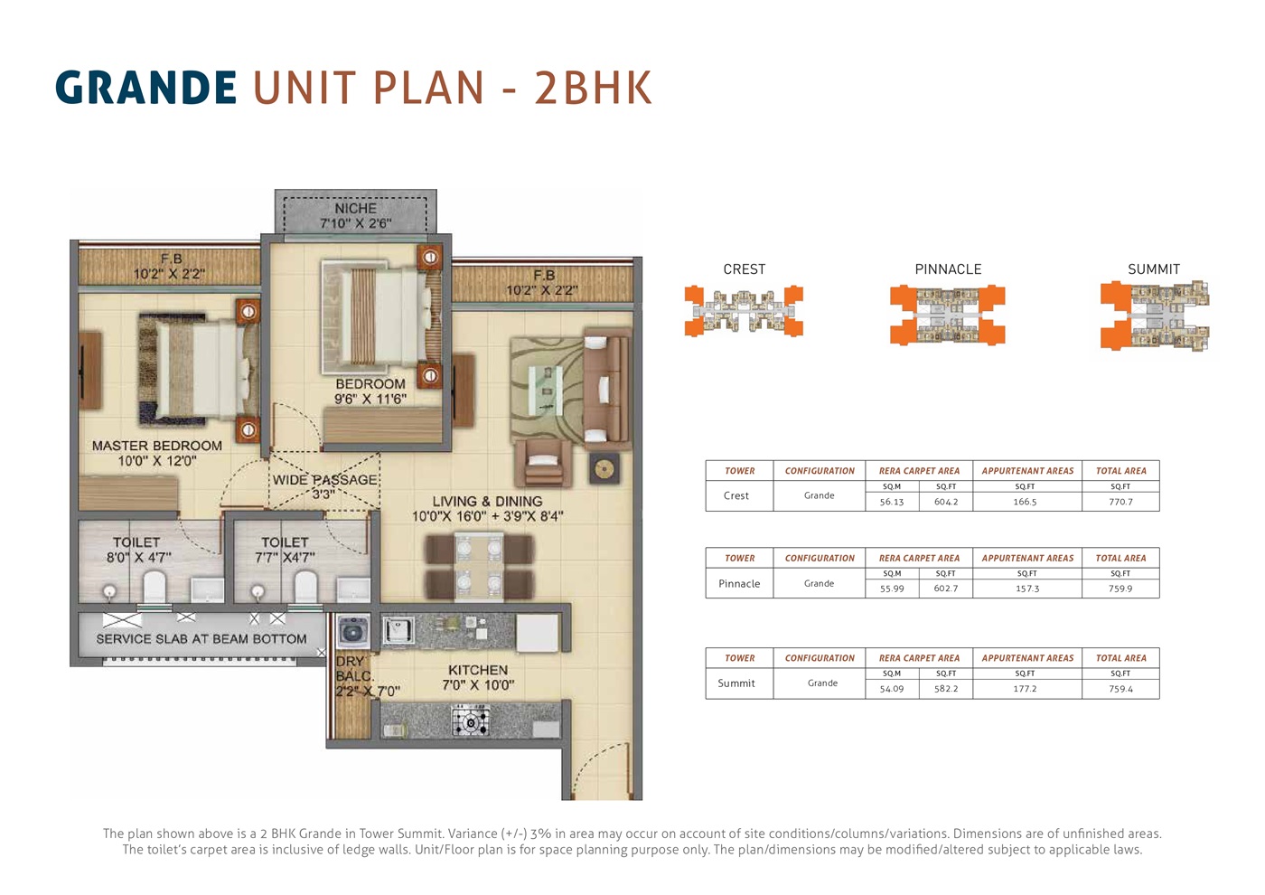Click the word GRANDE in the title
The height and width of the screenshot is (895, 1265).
pos(145,88)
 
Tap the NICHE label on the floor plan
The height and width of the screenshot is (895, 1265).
pos(356,209)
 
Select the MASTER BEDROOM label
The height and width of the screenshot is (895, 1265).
pos(157,446)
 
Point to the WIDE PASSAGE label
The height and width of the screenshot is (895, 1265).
pos(324,480)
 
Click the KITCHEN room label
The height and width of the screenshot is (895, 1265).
pos(478,670)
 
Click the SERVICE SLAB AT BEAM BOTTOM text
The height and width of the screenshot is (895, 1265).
pos(201,639)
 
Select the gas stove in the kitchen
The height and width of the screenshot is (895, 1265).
pos(470,722)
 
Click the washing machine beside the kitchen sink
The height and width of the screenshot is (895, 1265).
pos(353,631)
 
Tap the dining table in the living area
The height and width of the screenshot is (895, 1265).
pos(479,566)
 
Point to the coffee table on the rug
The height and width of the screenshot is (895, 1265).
pos(546,391)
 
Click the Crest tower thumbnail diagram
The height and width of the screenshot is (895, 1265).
pos(744,311)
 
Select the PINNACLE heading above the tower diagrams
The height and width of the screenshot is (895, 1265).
pos(948,269)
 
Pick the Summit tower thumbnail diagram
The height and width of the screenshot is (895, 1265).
pos(1155,316)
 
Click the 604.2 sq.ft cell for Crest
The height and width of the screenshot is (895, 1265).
pos(946,502)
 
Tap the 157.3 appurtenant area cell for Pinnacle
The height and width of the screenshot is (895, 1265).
pos(1027,589)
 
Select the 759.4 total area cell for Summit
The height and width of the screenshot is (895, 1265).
pos(1121,689)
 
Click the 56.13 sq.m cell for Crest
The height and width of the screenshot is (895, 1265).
pos(892,502)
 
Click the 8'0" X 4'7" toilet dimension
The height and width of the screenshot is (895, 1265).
pos(139,558)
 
